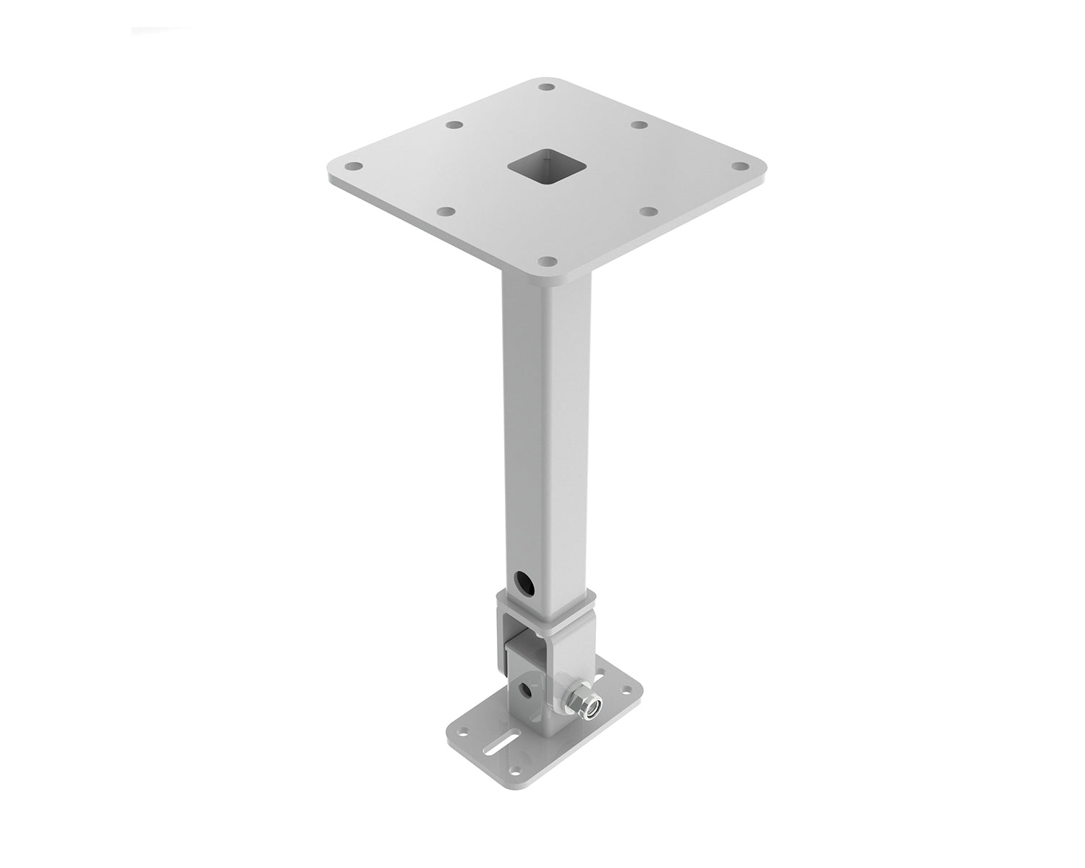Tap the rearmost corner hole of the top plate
coord(547,88)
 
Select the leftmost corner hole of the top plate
coord(354,166)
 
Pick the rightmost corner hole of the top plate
coord(739,166)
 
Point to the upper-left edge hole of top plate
coord(454,125)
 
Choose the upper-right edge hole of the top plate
coord(639,124)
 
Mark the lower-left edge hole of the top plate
coord(447,212)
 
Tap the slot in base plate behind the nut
coord(600,674)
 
